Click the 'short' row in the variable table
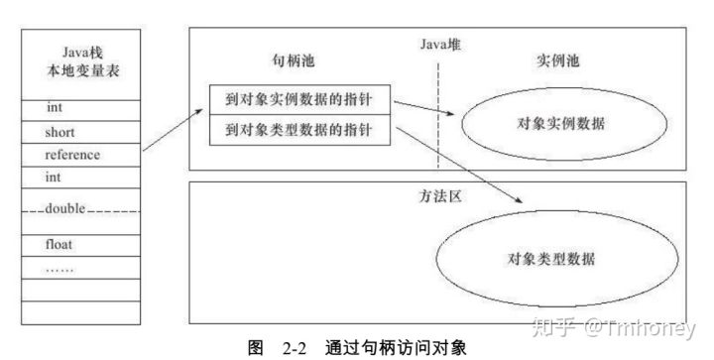[x=79, y=132]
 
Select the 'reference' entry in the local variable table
[x=79, y=156]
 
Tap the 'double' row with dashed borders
[x=79, y=209]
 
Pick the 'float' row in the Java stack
[x=79, y=244]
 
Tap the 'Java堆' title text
[x=439, y=44]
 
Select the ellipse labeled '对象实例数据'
[x=562, y=124]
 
